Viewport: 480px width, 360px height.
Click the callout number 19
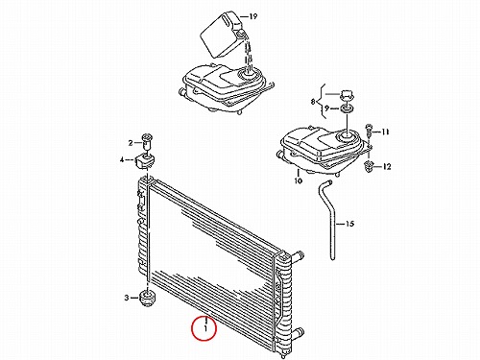(253, 16)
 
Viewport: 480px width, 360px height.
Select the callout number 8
(313, 102)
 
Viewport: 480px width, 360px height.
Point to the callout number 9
(326, 108)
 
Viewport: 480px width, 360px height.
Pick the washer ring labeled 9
(348, 109)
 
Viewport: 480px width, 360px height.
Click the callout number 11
(385, 132)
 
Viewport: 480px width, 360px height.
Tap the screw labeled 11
(369, 128)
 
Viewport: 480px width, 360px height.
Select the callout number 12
(387, 167)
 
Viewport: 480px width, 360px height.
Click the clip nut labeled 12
(369, 167)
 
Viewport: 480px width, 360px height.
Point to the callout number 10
(298, 181)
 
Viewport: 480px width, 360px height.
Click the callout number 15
(350, 224)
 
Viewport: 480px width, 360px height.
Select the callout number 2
(131, 143)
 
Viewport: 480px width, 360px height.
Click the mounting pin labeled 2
(147, 141)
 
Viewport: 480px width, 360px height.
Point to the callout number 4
(122, 159)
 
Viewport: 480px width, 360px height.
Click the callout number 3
(127, 298)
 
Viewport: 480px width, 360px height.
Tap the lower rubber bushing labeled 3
(148, 298)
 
